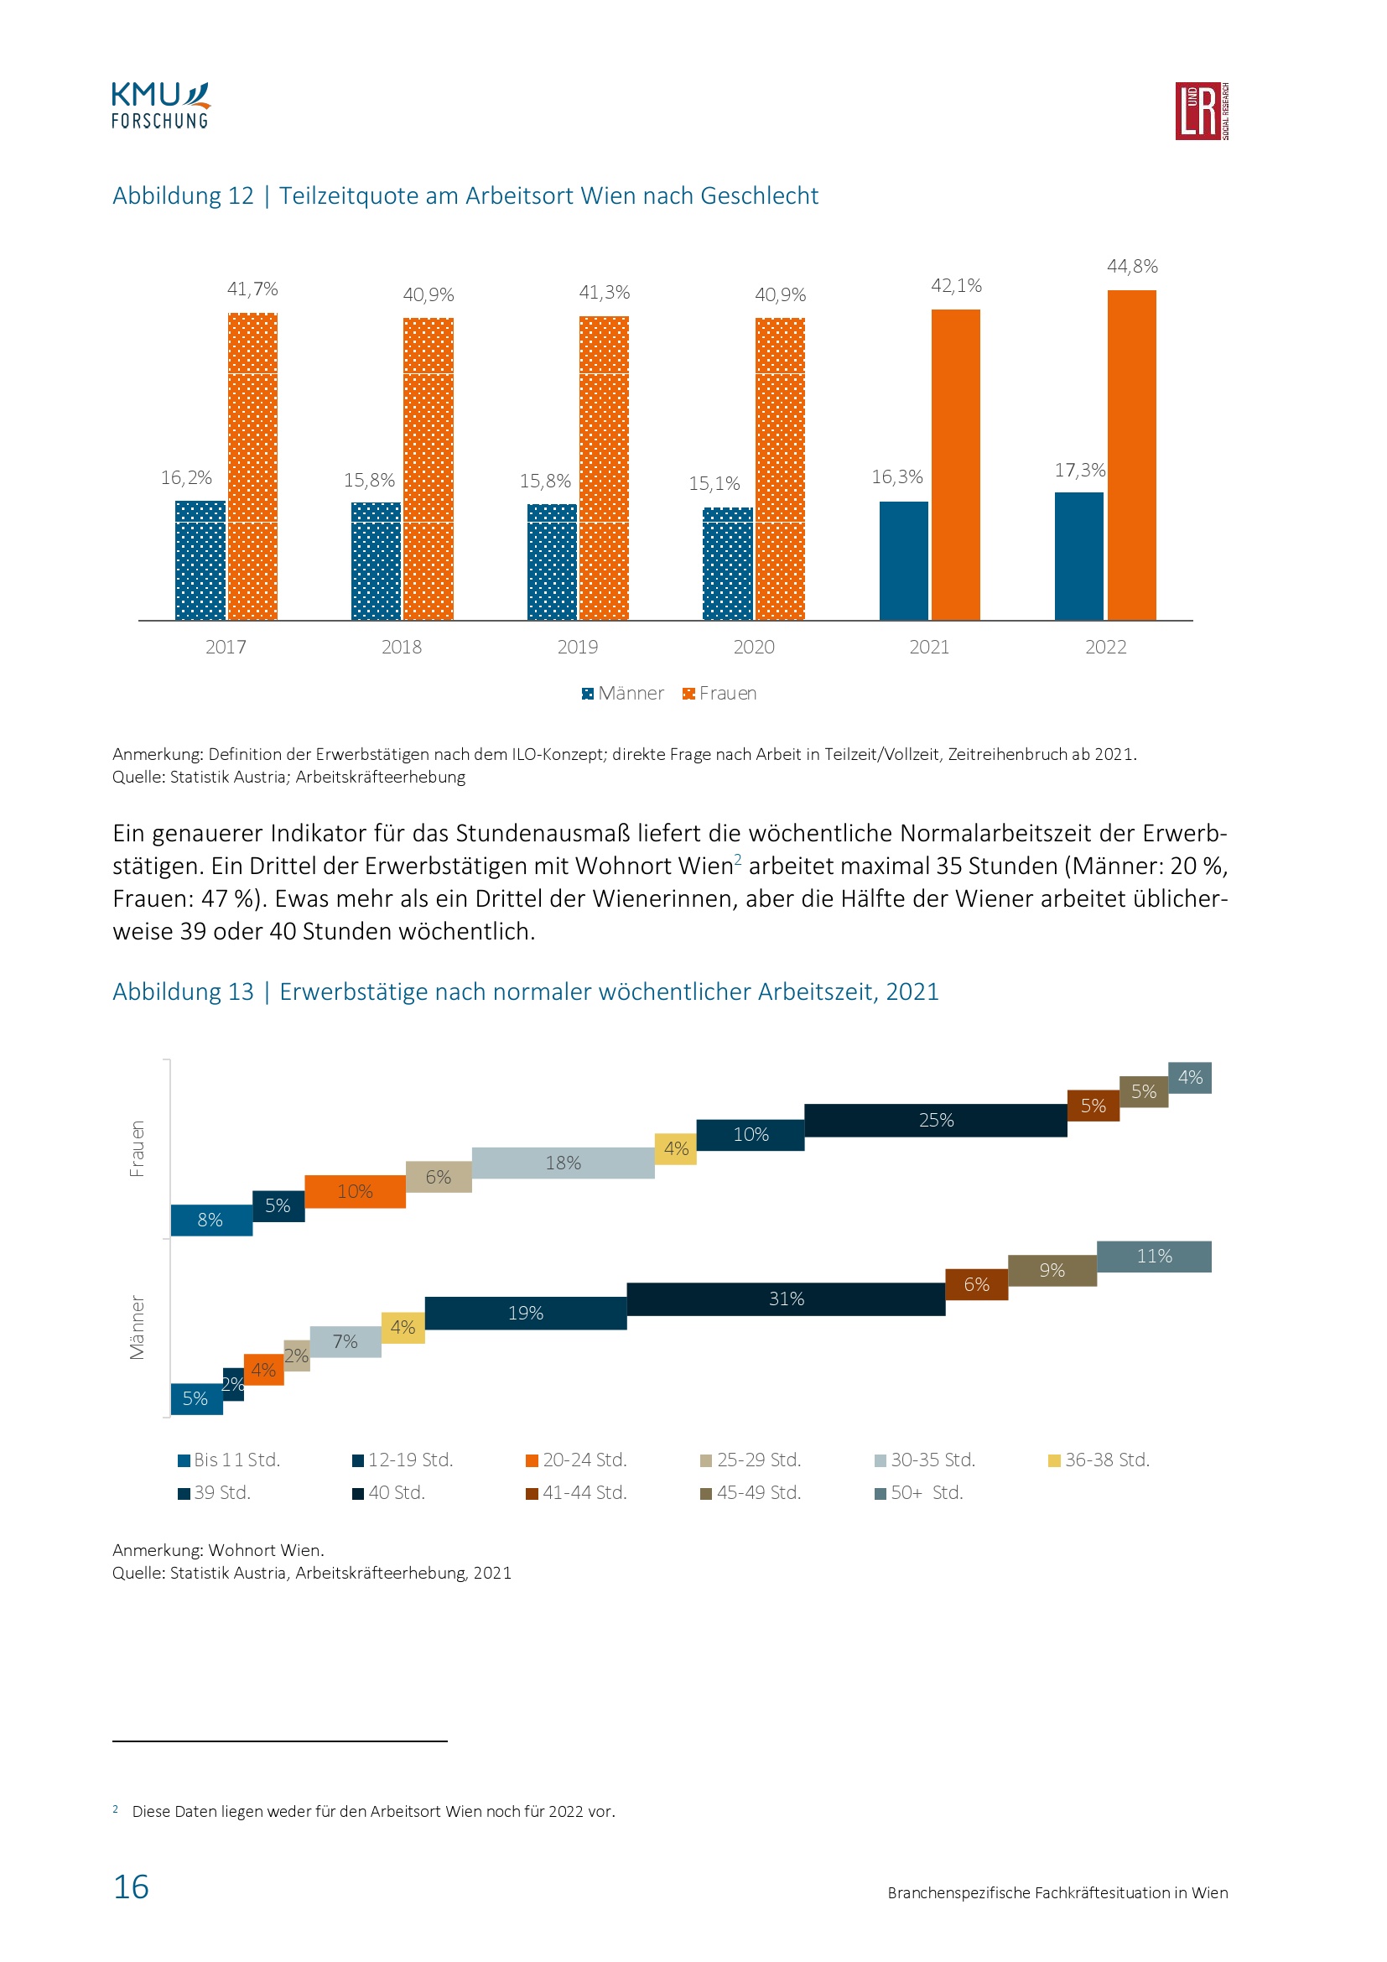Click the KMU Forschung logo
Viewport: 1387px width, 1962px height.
coord(160,106)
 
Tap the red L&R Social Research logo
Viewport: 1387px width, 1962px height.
coord(1201,111)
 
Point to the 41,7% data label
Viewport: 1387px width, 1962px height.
coord(252,289)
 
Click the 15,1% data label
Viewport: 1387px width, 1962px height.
coord(714,484)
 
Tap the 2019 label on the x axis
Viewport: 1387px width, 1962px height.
coord(577,647)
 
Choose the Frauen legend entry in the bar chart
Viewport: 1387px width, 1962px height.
coord(719,693)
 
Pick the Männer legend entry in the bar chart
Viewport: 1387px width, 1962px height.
coord(622,693)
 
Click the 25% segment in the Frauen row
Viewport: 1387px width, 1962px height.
coord(935,1121)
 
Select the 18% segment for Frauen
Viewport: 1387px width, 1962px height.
coord(563,1163)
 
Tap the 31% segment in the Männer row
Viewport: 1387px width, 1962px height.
coord(786,1298)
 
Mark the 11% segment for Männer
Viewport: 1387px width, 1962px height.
coord(1154,1257)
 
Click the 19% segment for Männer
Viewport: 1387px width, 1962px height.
coord(525,1313)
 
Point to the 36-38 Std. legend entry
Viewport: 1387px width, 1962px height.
coord(1099,1460)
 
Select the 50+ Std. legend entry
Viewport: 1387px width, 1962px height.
coord(919,1492)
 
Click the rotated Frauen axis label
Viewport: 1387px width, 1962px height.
coord(137,1148)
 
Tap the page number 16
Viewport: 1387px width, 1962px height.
coord(131,1887)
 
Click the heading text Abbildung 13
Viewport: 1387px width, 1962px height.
coord(183,991)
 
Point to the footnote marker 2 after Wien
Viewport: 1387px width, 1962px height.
coord(738,859)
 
